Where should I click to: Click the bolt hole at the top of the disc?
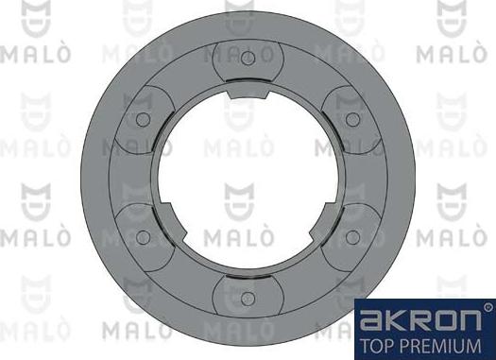[248, 59]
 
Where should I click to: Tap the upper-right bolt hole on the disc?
[351, 119]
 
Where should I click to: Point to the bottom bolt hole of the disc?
[248, 299]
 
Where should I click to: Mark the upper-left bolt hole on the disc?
[144, 119]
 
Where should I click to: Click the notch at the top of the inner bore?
[248, 94]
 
